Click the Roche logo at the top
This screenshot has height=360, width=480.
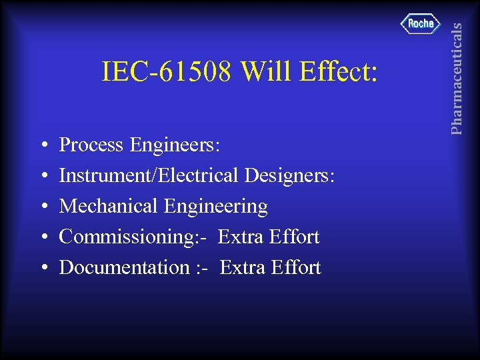click(x=421, y=24)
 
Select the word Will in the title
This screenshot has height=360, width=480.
click(x=265, y=72)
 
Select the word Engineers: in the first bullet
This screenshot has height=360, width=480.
click(x=175, y=145)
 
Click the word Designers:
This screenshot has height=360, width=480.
click(x=290, y=176)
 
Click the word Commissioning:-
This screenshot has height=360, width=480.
click(x=134, y=237)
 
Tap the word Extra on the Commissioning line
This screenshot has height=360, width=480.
click(x=241, y=237)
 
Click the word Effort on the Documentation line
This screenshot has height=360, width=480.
click(x=296, y=267)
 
